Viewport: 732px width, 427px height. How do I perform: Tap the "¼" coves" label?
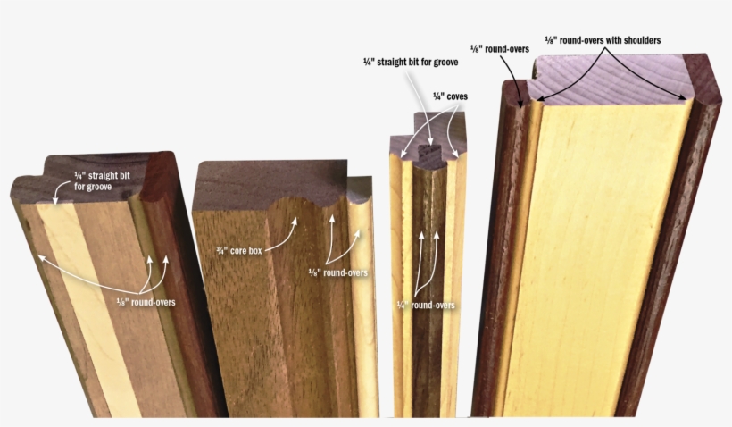pos(450,96)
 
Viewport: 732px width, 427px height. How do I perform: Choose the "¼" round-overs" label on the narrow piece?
pos(426,306)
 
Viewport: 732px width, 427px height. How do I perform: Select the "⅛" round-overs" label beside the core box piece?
pos(337,272)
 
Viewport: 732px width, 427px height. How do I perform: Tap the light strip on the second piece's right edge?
pos(362,295)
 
